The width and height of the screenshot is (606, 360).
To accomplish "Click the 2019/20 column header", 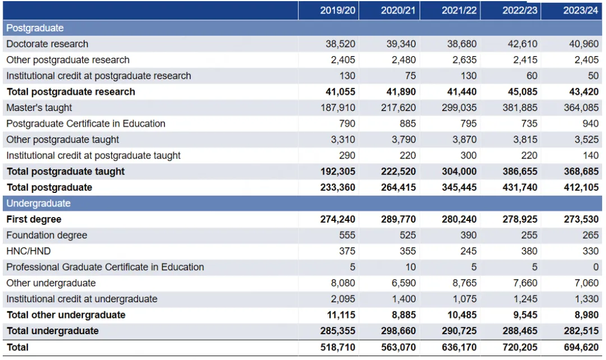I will [x=338, y=11].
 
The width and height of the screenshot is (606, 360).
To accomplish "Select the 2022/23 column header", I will [x=520, y=11].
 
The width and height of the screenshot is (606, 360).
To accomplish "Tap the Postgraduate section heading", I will [x=35, y=28].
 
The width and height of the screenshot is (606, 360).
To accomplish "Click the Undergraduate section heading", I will [x=39, y=204].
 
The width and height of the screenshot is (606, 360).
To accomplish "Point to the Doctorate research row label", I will [x=47, y=44].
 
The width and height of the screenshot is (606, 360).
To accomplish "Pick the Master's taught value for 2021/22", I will [x=459, y=108].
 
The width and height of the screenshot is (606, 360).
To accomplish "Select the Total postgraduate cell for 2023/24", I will [x=581, y=187].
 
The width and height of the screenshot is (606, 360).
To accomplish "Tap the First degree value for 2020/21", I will [x=398, y=219].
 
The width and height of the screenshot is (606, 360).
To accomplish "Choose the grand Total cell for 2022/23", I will [x=520, y=347].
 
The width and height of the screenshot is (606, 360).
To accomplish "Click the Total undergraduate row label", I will [x=52, y=331].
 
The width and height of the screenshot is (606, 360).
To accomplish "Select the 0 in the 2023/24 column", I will [x=595, y=267].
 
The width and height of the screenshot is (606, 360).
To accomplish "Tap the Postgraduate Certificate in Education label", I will [x=86, y=123].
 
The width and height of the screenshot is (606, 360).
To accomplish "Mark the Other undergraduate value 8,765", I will [x=463, y=283].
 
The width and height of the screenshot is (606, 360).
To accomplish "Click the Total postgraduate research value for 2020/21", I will [x=398, y=92].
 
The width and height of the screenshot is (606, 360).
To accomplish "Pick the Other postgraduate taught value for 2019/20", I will [x=342, y=140].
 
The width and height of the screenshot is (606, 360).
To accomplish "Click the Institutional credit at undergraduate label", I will [x=82, y=299].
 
